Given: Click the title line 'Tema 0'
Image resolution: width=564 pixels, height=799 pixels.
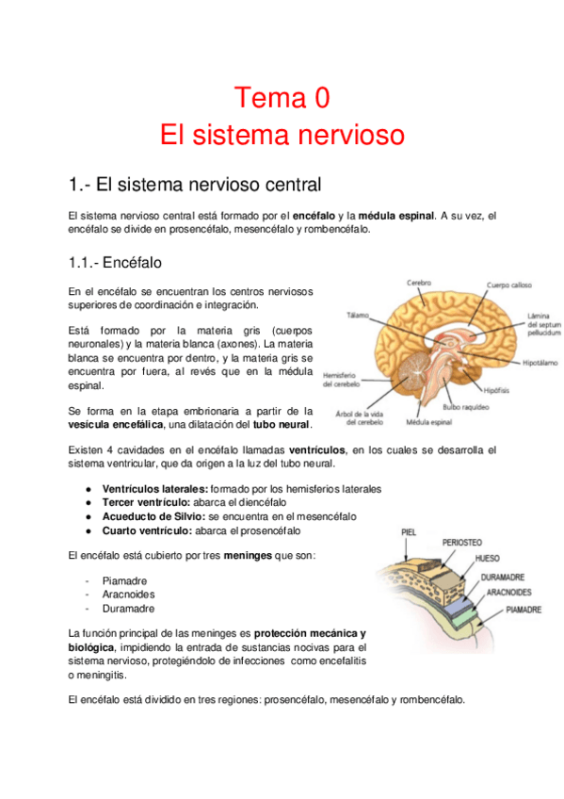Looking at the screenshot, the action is pyautogui.click(x=282, y=97).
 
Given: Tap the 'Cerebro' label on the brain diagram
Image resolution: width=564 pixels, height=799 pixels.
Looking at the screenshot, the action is pyautogui.click(x=419, y=283).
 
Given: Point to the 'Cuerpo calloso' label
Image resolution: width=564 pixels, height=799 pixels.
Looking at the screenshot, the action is pyautogui.click(x=509, y=285).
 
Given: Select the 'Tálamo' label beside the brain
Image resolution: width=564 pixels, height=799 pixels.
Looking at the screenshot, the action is pyautogui.click(x=357, y=315).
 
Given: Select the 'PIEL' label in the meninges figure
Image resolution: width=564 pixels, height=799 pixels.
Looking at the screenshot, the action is pyautogui.click(x=409, y=532).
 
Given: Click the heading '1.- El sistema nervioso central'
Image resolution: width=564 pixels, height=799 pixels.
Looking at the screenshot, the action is pyautogui.click(x=195, y=183).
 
